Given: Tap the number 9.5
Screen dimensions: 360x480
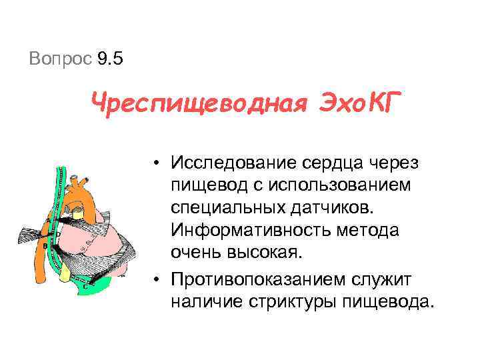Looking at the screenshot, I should coord(111,59).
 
